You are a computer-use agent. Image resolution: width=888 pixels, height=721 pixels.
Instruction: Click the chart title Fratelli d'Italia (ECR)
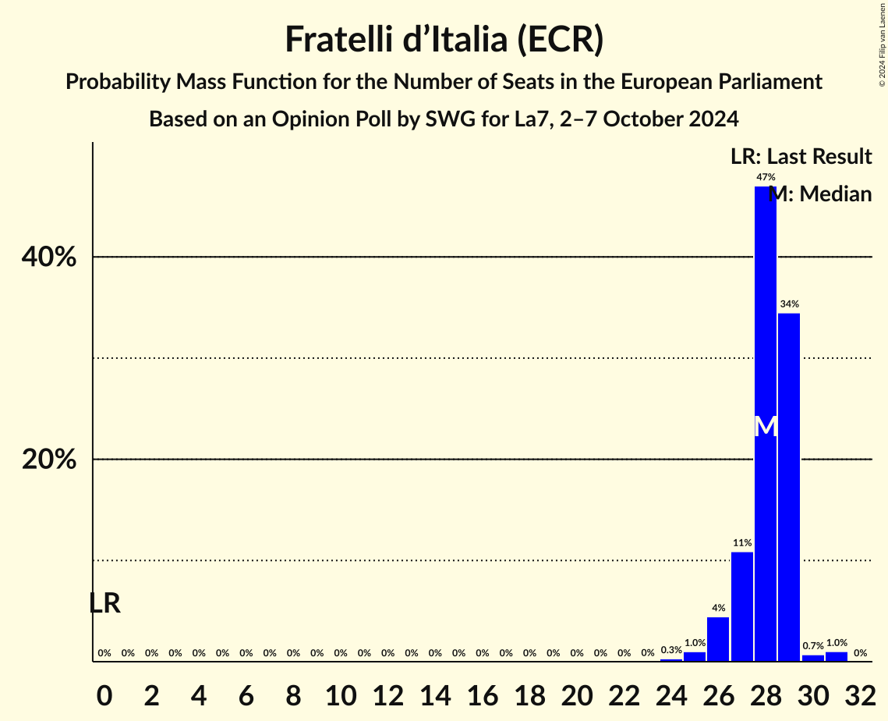[444, 39]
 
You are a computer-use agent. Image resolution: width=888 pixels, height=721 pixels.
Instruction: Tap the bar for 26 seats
[718, 639]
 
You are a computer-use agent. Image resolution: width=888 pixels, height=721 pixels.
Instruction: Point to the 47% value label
[765, 178]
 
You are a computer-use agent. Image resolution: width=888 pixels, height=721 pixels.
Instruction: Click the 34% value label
[788, 304]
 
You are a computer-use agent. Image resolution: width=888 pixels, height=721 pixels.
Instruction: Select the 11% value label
[741, 543]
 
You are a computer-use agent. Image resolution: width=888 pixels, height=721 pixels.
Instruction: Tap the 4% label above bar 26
[718, 608]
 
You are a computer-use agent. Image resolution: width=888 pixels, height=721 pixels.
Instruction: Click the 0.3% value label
[670, 650]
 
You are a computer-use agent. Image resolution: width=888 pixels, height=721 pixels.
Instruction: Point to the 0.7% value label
[812, 646]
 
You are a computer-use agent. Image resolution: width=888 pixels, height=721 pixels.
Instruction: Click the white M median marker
[766, 426]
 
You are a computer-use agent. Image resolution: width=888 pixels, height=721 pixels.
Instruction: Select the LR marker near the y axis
[104, 603]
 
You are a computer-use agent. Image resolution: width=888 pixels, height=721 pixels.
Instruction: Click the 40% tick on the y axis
[48, 257]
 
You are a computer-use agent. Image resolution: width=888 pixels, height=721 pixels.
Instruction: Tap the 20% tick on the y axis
[48, 460]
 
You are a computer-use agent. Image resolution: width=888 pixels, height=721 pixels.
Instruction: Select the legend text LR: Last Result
[801, 157]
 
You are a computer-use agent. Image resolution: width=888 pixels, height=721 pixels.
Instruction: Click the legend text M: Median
[819, 194]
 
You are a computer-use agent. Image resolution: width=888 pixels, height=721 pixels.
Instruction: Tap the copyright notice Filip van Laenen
[882, 44]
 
